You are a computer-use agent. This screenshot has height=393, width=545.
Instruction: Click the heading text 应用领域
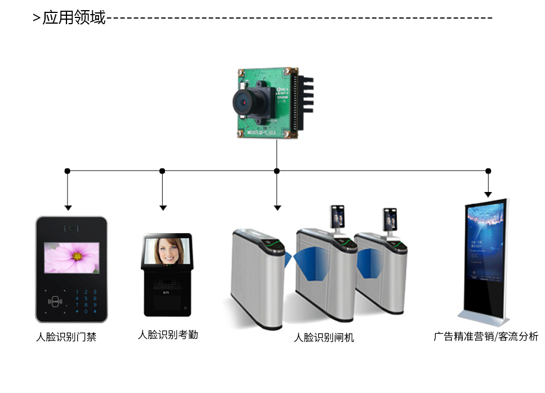(74, 17)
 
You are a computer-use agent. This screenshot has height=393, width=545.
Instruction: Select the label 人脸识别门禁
(66, 337)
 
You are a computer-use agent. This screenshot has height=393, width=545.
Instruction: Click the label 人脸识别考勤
(168, 335)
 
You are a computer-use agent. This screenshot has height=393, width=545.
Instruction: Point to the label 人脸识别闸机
(324, 338)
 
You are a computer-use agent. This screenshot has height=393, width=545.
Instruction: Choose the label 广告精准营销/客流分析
(485, 337)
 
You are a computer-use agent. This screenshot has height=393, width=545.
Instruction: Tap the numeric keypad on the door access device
(86, 301)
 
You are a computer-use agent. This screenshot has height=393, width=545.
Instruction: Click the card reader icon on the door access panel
(55, 301)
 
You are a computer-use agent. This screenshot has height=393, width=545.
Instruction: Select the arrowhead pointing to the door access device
(68, 208)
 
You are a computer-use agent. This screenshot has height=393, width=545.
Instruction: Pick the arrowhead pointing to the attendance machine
(163, 208)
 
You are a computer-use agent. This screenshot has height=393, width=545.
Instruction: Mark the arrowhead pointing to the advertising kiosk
(488, 194)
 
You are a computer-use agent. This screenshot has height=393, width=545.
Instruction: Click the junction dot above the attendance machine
(162, 171)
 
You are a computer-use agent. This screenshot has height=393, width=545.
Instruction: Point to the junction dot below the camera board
(276, 171)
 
